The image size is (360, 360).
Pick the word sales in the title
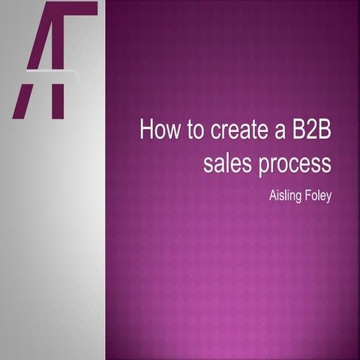tap(226, 163)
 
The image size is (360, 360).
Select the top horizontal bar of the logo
tap(71, 8)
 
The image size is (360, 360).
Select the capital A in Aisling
tap(272, 196)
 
